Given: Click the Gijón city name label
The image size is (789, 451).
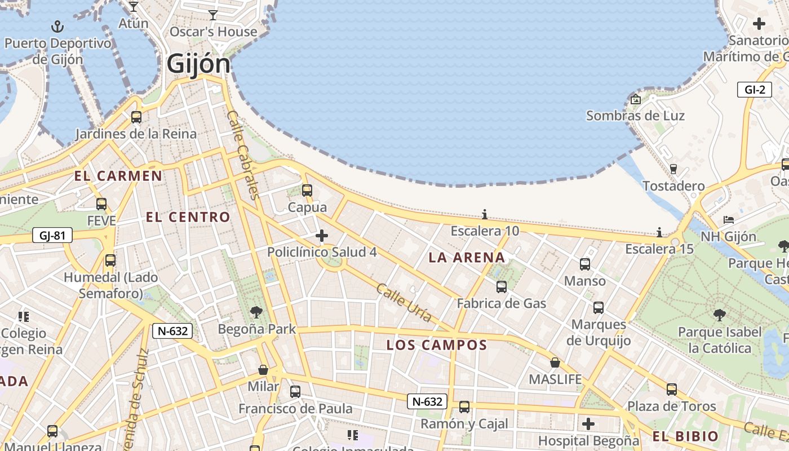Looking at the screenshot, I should pyautogui.click(x=198, y=64).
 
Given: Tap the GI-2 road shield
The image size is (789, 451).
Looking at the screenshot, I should pyautogui.click(x=754, y=90).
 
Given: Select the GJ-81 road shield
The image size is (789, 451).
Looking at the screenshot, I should pyautogui.click(x=52, y=235).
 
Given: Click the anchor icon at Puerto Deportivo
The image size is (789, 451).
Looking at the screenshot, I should pyautogui.click(x=57, y=26).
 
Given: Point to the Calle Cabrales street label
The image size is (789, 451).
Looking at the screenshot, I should pyautogui.click(x=243, y=154).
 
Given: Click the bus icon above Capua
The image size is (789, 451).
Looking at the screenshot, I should pyautogui.click(x=307, y=191).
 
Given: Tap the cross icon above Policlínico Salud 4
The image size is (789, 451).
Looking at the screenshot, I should pyautogui.click(x=322, y=235).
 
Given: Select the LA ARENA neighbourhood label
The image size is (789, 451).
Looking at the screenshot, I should pyautogui.click(x=467, y=258).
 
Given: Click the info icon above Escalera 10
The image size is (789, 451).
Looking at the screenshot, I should pyautogui.click(x=485, y=214).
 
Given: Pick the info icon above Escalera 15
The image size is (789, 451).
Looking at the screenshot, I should pyautogui.click(x=659, y=232).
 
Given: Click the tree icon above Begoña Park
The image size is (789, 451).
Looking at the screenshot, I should pyautogui.click(x=256, y=312).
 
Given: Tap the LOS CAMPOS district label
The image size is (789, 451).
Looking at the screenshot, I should pyautogui.click(x=436, y=345).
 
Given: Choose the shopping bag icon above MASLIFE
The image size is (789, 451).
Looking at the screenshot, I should pyautogui.click(x=555, y=362).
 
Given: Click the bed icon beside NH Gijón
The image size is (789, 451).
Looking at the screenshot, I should pyautogui.click(x=729, y=219).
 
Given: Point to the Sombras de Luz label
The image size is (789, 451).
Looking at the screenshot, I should pyautogui.click(x=635, y=116).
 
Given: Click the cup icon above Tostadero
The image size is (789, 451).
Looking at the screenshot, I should pyautogui.click(x=673, y=169).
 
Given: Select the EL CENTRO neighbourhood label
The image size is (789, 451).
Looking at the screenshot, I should pyautogui.click(x=188, y=217).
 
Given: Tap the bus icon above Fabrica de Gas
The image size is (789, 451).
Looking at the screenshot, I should pyautogui.click(x=502, y=287).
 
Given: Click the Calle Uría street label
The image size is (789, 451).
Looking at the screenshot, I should pyautogui.click(x=404, y=303).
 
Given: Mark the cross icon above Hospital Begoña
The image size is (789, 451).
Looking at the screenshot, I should pyautogui.click(x=588, y=423).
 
